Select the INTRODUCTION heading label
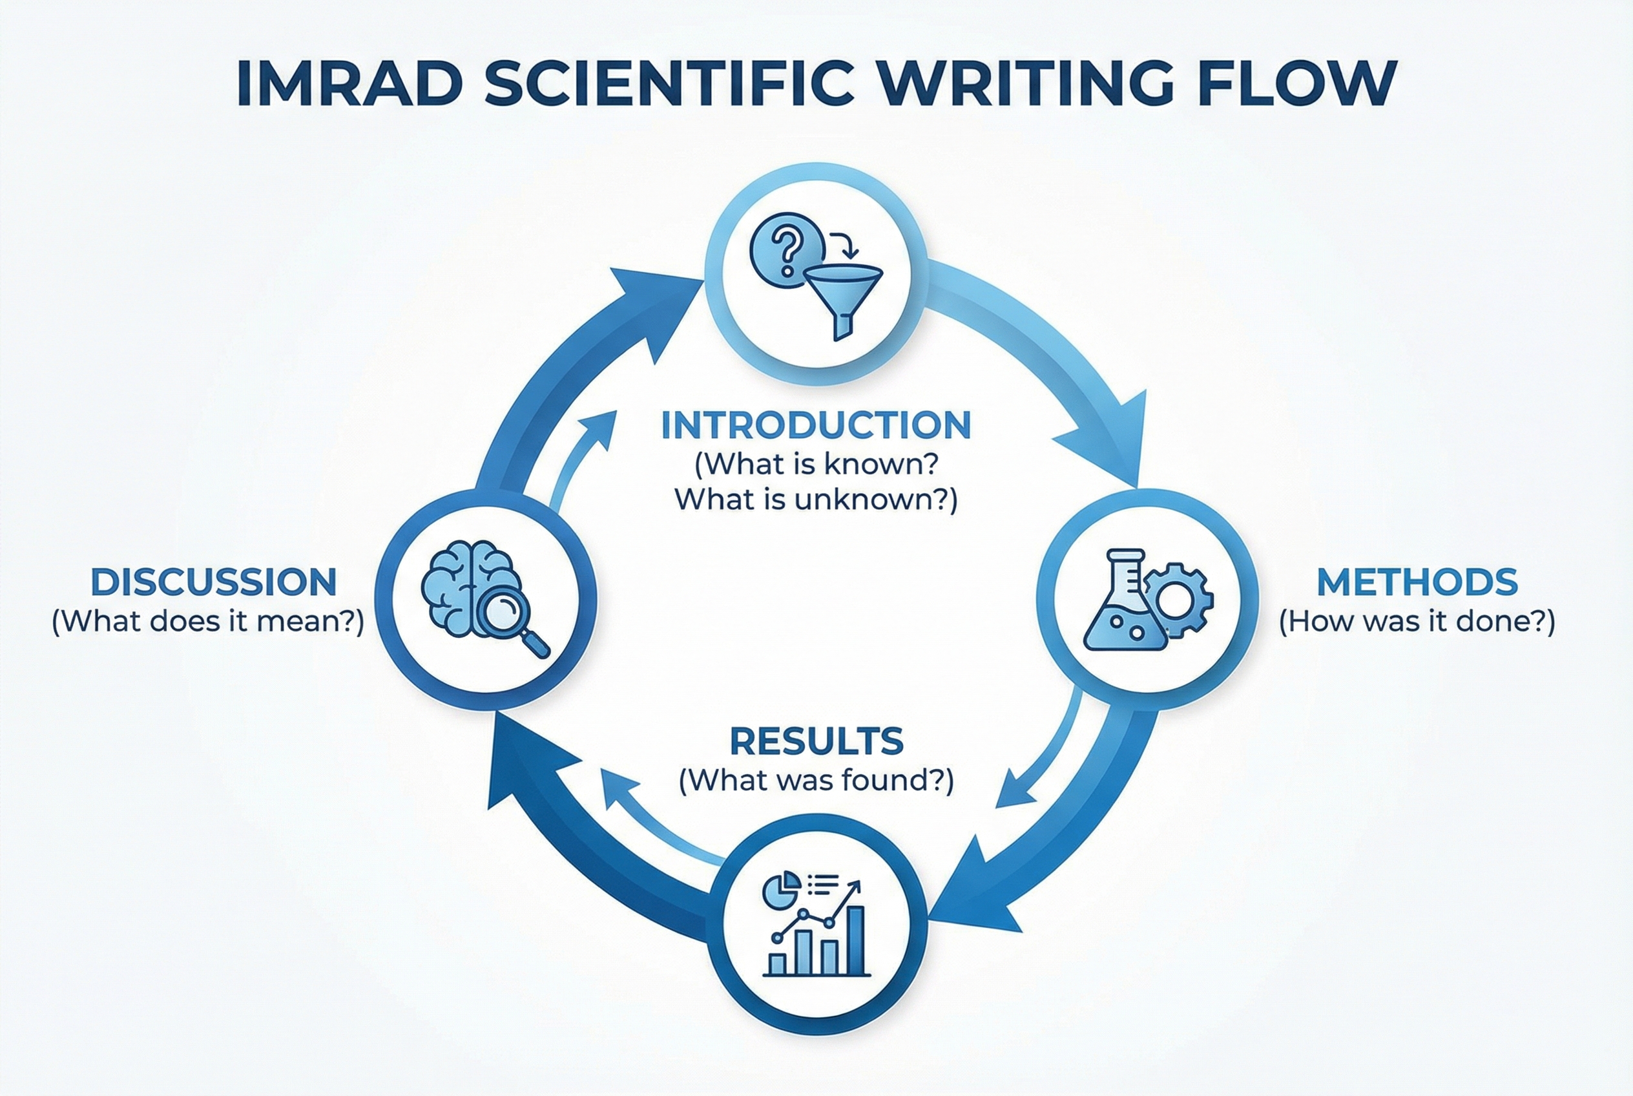(816, 425)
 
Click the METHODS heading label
(1417, 582)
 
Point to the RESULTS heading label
(816, 742)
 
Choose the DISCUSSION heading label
(214, 582)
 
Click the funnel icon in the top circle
(844, 298)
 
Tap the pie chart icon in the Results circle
(780, 890)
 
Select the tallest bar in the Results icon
(855, 940)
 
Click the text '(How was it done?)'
(1417, 622)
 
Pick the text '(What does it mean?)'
(208, 622)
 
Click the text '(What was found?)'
(816, 780)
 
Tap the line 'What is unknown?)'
(816, 500)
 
